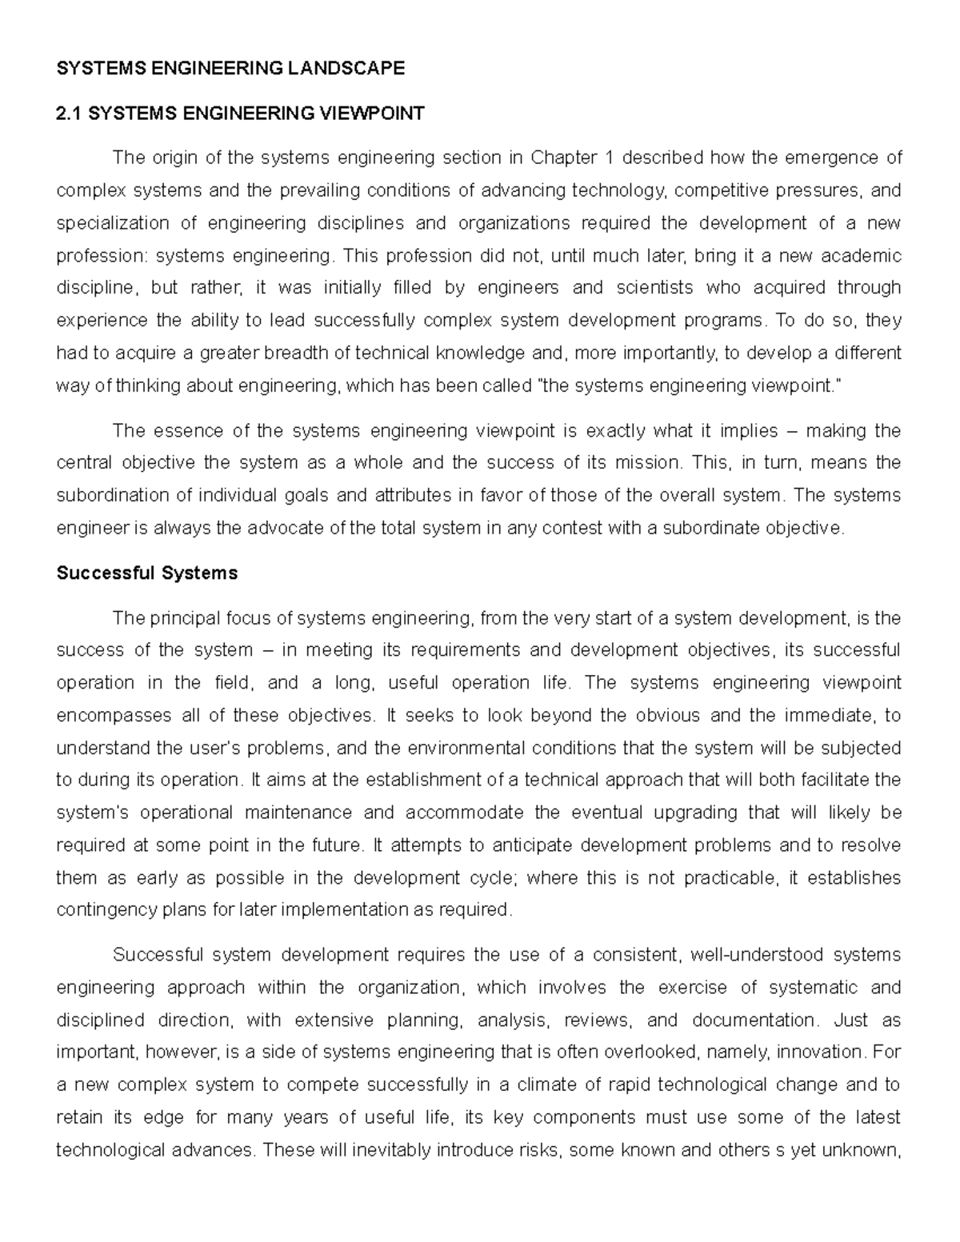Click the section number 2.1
(x=70, y=114)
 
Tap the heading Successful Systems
(x=147, y=573)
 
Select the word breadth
(x=316, y=353)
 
